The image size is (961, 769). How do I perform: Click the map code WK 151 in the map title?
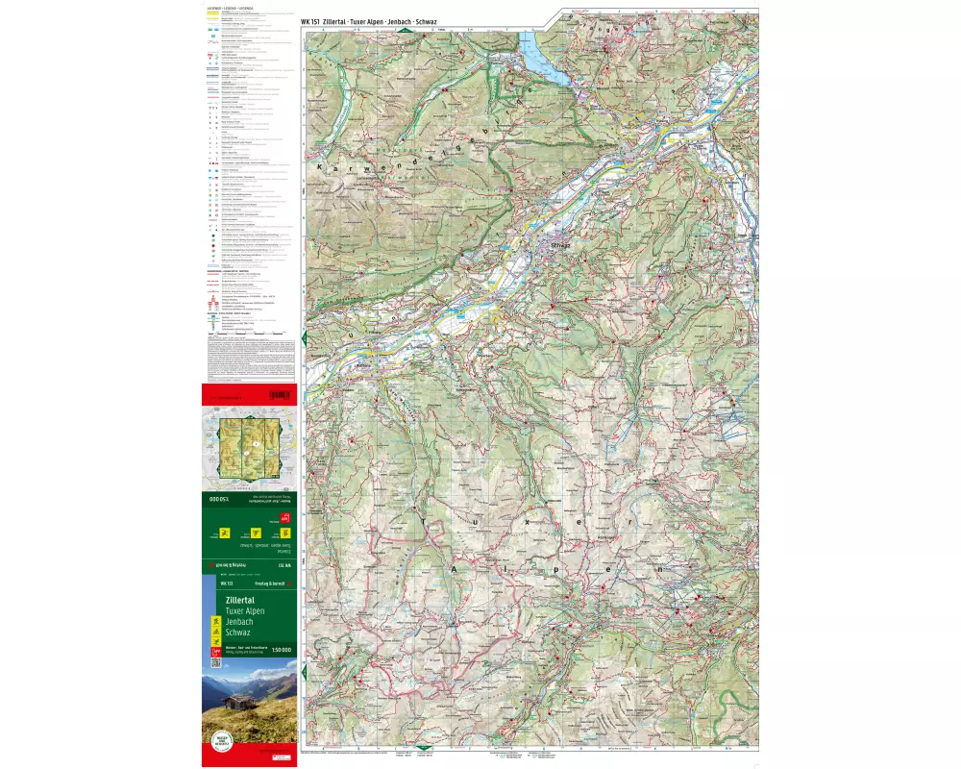309,20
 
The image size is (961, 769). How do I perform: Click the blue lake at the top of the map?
536,52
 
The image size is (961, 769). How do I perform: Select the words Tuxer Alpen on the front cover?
245,611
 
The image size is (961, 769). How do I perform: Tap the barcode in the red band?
281,395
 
